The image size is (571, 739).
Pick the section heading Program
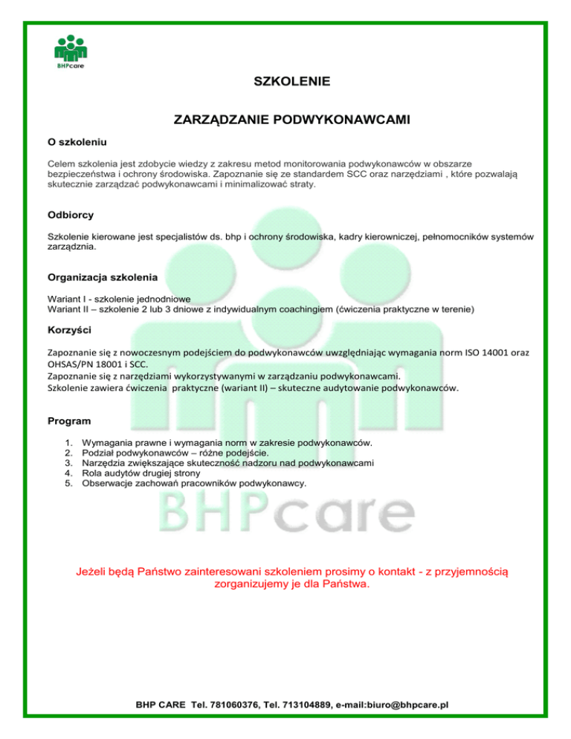click(x=69, y=421)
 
